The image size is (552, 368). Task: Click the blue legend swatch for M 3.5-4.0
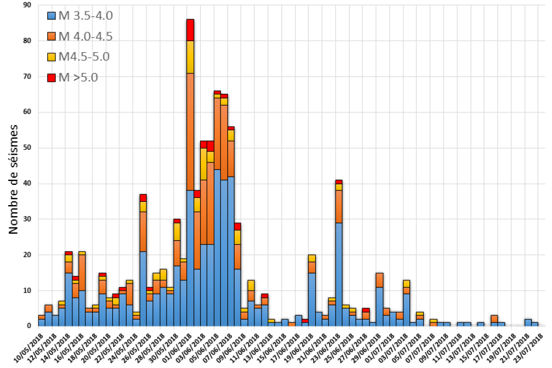(x=52, y=16)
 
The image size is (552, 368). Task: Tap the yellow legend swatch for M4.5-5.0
(x=52, y=57)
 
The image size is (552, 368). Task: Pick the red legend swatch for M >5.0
(x=52, y=77)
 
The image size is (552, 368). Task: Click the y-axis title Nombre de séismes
(x=14, y=179)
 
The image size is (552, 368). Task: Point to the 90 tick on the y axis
(x=26, y=5)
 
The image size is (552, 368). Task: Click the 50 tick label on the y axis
(x=26, y=148)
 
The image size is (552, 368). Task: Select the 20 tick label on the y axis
(x=26, y=255)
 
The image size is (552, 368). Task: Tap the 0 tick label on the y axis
(x=28, y=326)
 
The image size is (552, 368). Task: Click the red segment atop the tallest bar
(x=190, y=30)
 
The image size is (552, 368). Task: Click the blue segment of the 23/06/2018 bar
(x=339, y=274)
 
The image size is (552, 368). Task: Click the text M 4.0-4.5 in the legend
(x=86, y=37)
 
